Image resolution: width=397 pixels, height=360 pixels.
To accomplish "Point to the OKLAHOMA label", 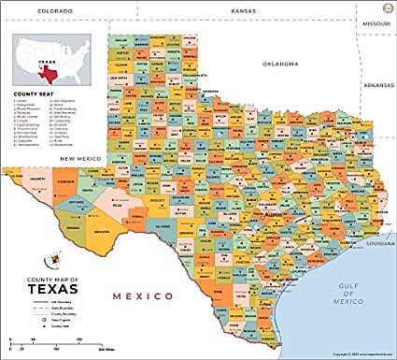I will (280, 64).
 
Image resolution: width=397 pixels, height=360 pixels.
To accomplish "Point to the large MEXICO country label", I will (144, 295).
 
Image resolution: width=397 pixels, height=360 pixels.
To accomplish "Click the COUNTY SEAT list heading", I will (31, 94).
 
